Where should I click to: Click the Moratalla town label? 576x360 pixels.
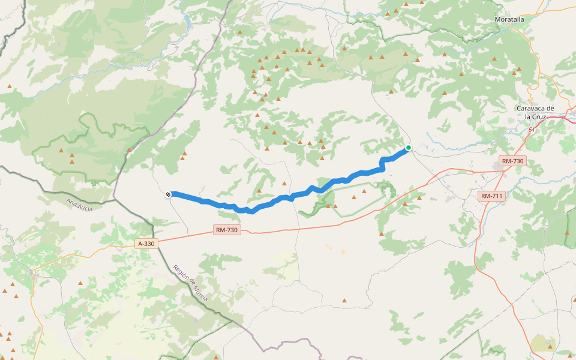(509, 19)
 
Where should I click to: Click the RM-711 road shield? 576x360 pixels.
(491, 196)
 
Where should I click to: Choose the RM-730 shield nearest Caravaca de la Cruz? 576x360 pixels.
(512, 161)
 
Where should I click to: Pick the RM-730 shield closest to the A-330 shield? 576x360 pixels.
(227, 230)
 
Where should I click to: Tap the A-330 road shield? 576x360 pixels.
(146, 244)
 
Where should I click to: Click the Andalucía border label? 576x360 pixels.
(79, 205)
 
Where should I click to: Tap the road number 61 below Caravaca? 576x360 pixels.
(532, 129)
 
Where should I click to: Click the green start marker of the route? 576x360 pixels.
(409, 148)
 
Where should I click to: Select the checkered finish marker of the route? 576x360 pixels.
(169, 194)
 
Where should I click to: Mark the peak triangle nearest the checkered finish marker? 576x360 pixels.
(183, 159)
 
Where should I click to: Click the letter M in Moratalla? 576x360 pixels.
(498, 19)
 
